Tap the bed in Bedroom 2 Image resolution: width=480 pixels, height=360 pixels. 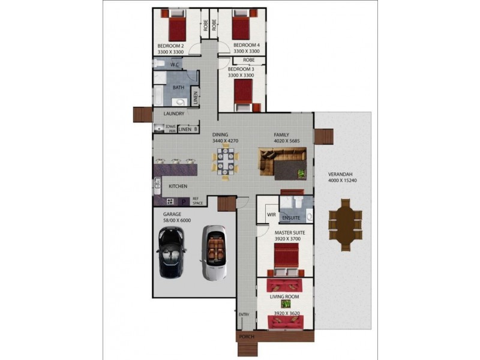177,28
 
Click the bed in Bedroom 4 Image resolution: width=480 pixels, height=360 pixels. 242,27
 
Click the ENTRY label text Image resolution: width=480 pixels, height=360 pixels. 244,314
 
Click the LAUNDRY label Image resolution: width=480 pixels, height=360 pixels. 173,113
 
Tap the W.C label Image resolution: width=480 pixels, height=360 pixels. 176,64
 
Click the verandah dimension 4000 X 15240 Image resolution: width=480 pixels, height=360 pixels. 344,180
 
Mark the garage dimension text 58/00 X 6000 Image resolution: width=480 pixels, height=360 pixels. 177,220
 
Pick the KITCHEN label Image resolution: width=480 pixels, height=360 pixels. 178,187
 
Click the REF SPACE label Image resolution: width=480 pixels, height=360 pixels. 198,202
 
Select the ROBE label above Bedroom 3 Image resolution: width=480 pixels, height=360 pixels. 249,61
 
